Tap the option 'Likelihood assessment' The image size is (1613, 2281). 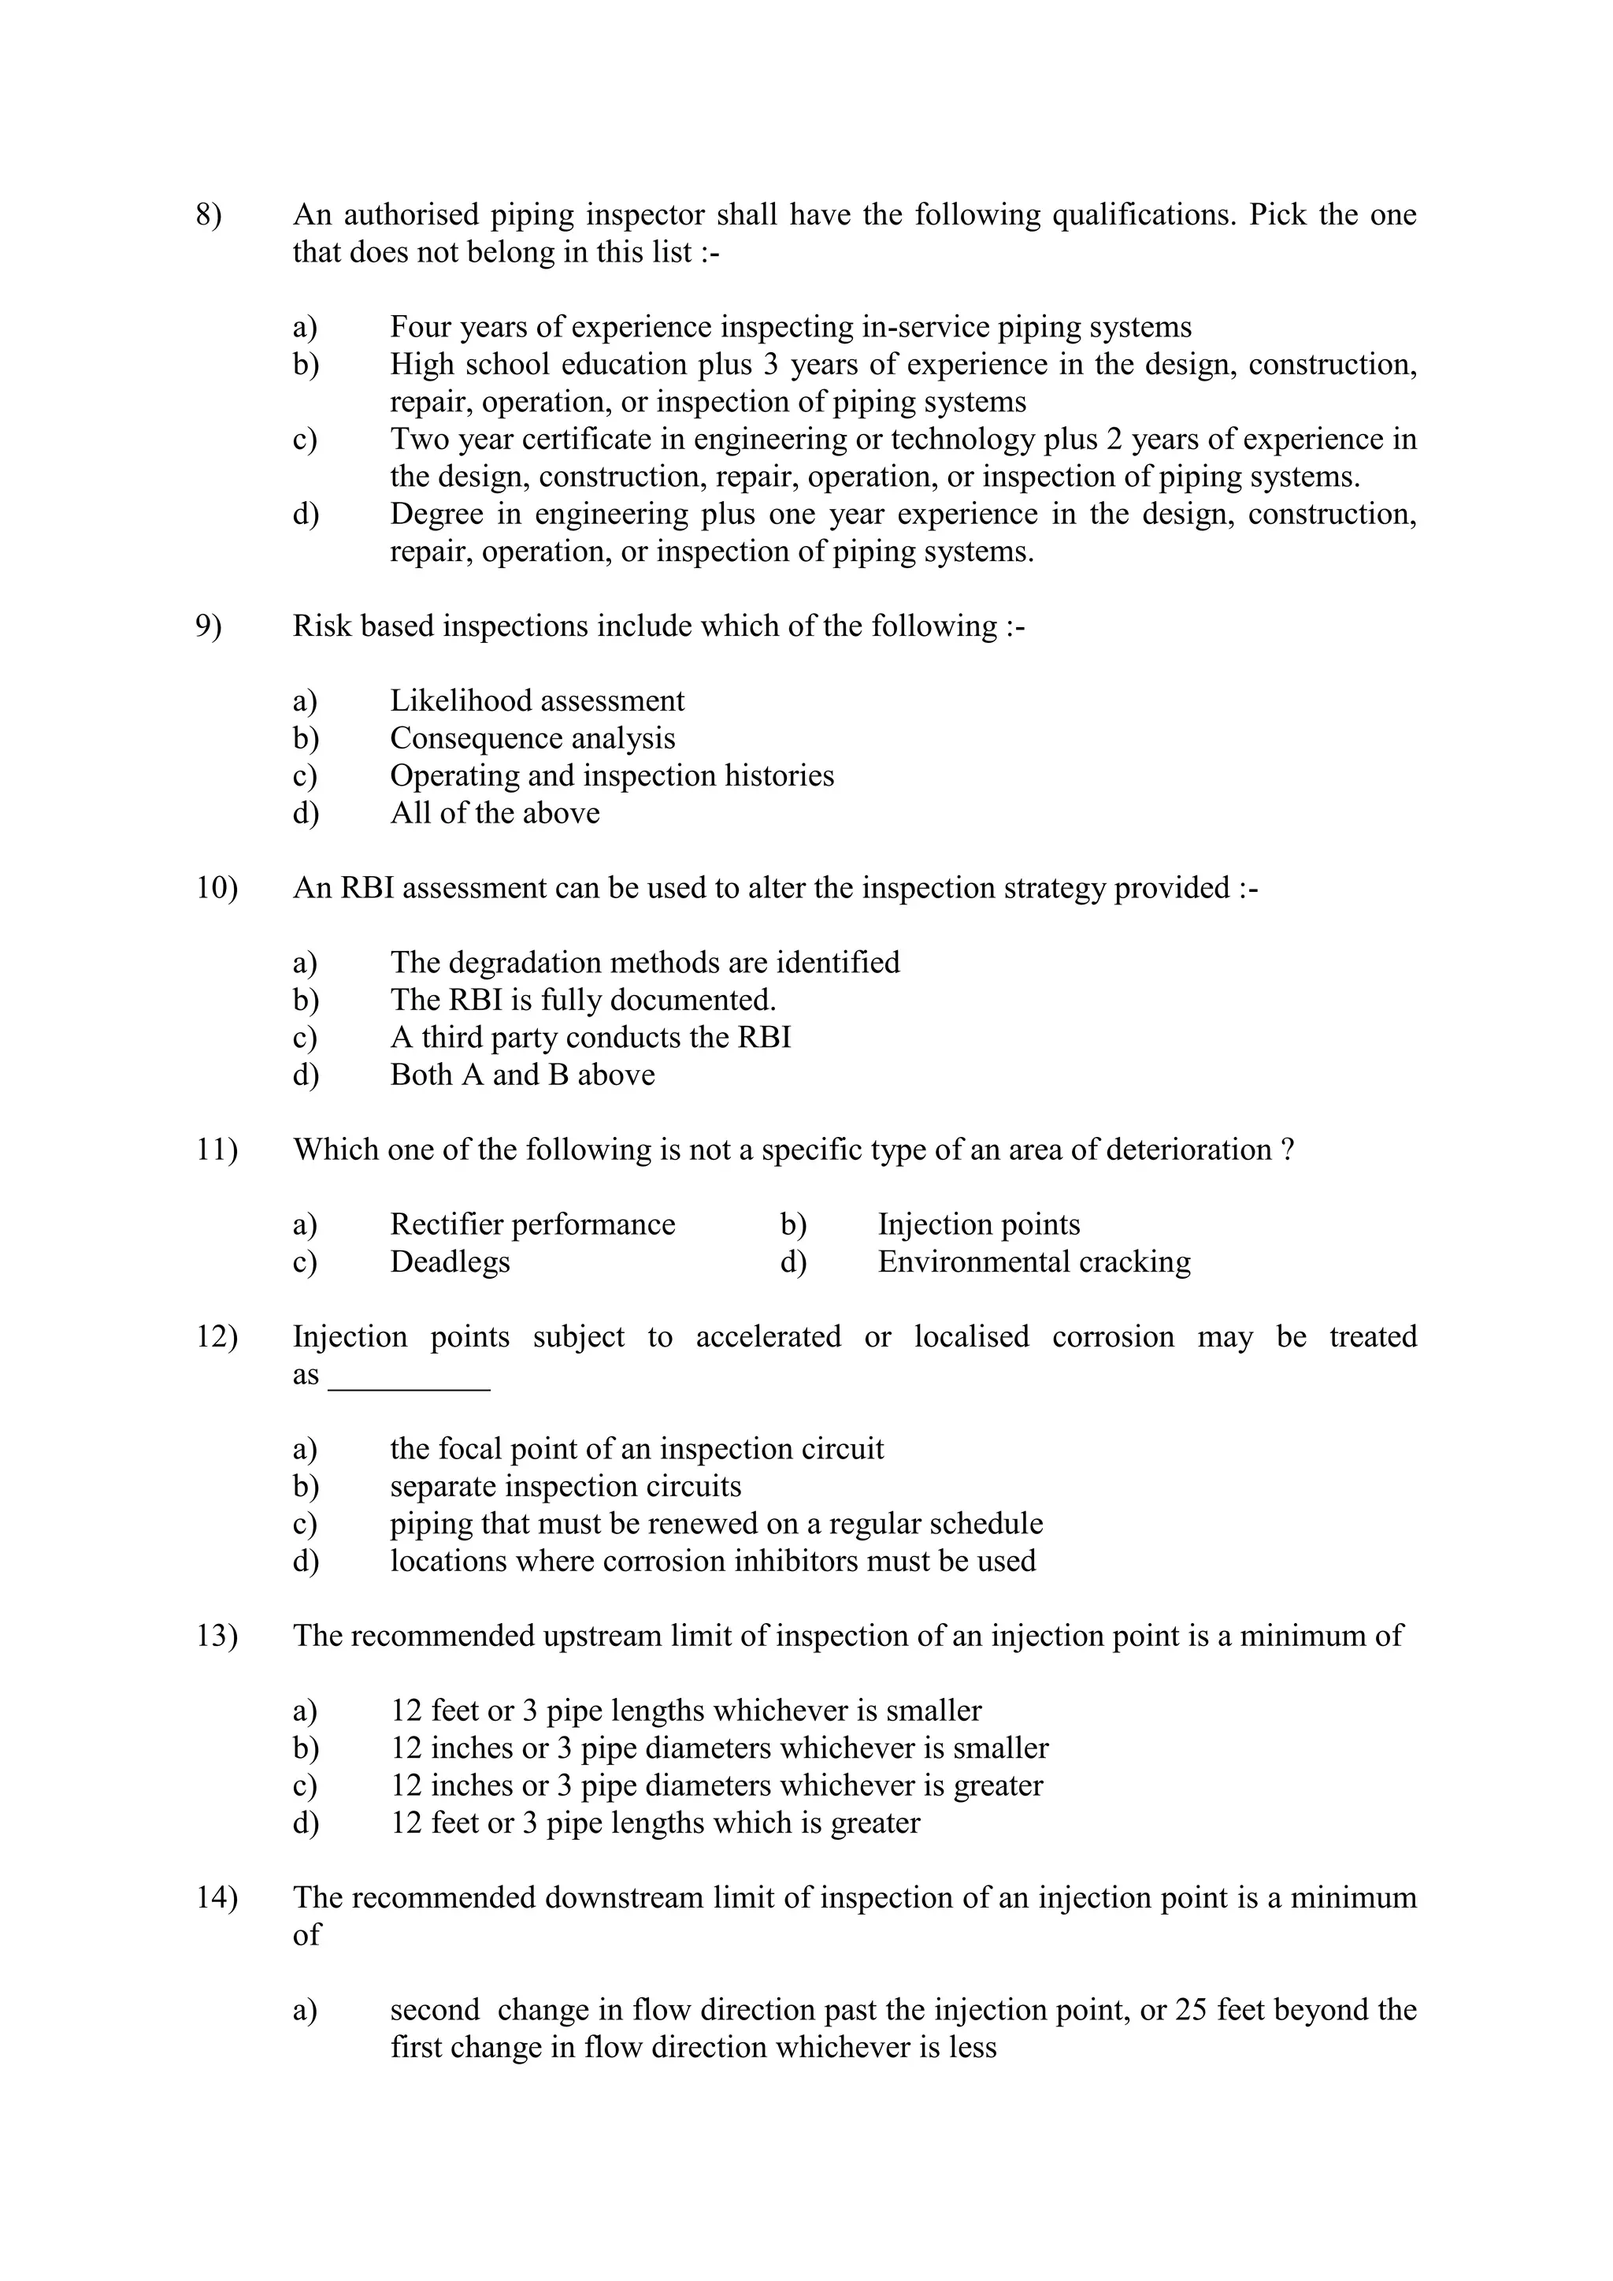[x=536, y=701]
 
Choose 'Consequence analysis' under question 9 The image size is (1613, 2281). [x=532, y=738]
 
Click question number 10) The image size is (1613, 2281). [x=217, y=888]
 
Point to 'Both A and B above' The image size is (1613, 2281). [x=521, y=1075]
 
